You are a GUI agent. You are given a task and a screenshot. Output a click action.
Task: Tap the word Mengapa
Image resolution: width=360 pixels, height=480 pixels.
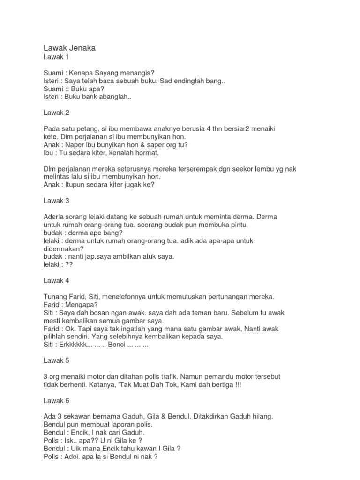82,305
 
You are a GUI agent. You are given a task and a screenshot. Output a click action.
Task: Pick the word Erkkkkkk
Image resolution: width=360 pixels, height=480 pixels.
80,345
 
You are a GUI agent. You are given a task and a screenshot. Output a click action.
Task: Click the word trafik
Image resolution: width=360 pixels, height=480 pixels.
166,377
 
